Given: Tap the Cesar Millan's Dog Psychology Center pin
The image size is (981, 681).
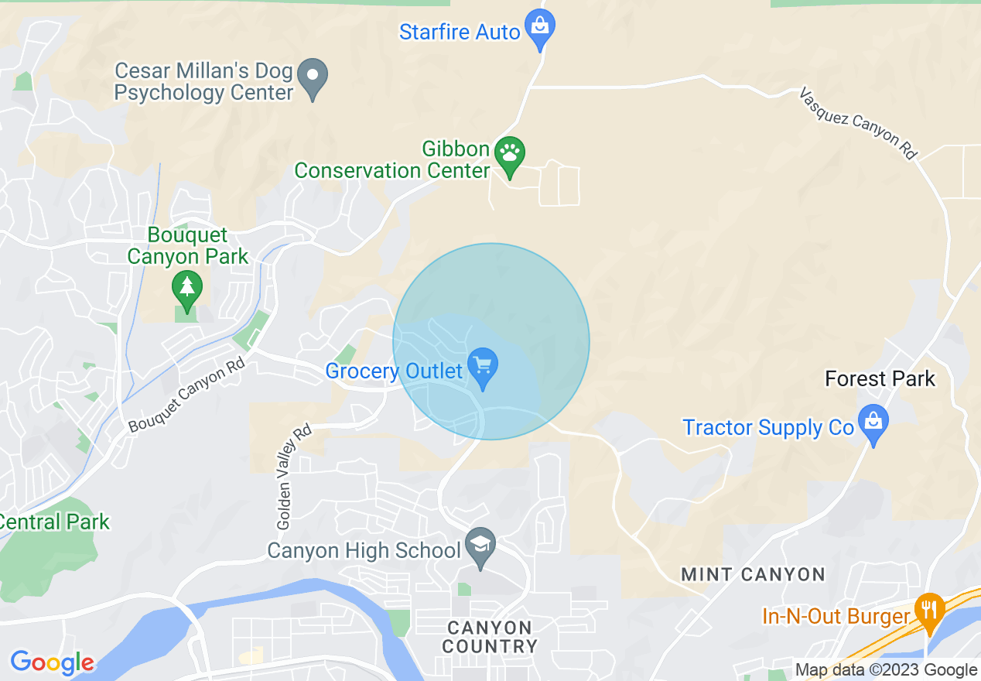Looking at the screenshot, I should click(x=313, y=77).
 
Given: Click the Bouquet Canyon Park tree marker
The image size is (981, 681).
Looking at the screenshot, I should click(x=186, y=288).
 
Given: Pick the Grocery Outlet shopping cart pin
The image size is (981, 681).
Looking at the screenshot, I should click(x=483, y=366).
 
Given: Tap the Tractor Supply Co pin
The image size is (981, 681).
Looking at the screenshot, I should click(x=873, y=423).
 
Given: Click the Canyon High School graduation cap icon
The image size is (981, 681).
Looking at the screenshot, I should click(x=480, y=546).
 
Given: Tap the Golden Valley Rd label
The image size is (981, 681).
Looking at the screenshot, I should click(x=293, y=477).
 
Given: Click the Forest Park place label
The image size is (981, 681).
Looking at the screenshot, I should click(x=880, y=379).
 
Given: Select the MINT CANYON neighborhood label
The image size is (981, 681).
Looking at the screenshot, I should click(x=753, y=575).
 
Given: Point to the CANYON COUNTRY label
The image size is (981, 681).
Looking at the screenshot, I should click(x=490, y=637).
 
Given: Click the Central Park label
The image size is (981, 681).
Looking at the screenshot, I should click(x=54, y=522).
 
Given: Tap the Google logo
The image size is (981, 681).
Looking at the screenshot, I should click(x=52, y=662).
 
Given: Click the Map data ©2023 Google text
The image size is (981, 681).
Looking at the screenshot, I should click(x=886, y=670).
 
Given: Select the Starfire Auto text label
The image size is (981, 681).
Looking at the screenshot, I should click(x=460, y=33).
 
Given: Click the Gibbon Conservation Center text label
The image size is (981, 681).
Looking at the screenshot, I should click(x=392, y=159).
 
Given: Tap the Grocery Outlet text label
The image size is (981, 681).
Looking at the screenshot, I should click(x=394, y=371).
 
